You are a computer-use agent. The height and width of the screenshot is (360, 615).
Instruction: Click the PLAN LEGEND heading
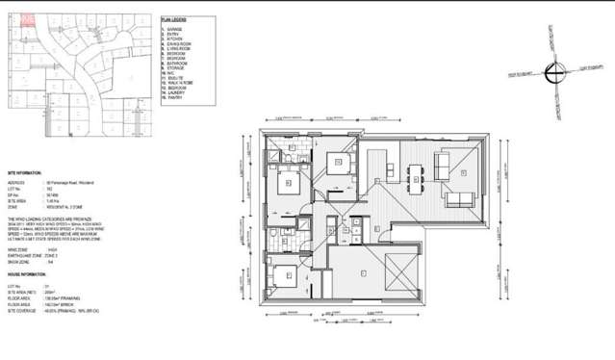pyautogui.click(x=173, y=17)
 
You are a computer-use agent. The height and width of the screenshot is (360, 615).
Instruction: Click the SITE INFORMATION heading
pyautogui.click(x=27, y=171)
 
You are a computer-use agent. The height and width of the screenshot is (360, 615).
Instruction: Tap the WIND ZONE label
pyautogui.click(x=19, y=247)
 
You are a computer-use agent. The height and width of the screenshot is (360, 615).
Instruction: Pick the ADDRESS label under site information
pyautogui.click(x=17, y=180)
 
